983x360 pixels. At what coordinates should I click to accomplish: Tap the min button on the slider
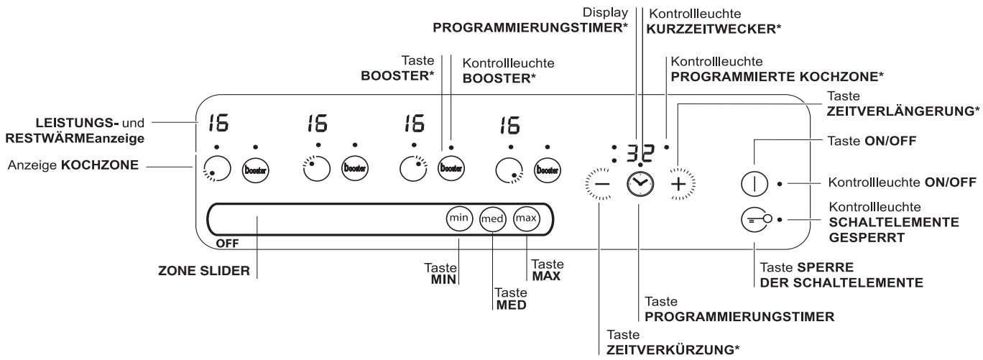pos(459,218)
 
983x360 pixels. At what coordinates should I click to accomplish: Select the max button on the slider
pos(526,218)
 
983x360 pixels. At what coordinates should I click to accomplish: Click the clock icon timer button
pos(640,184)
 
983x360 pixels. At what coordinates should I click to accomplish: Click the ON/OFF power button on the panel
pos(754,183)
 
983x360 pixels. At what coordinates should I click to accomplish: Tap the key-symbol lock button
pos(756,219)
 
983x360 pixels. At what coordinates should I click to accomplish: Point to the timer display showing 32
pos(640,153)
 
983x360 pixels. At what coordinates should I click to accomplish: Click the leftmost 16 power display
pos(218,123)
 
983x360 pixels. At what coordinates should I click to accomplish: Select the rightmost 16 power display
pos(510,125)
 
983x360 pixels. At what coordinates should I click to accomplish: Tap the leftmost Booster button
pos(255,170)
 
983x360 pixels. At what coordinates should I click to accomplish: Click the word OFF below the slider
pos(227,244)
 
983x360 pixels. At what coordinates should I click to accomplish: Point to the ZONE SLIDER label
pos(204,271)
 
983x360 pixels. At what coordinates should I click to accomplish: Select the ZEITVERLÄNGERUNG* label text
pos(903,111)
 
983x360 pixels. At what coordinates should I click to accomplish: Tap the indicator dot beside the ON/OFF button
pos(780,184)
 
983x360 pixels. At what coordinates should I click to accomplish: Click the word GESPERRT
pos(861,238)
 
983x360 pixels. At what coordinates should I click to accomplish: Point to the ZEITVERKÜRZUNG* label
pos(673,350)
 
